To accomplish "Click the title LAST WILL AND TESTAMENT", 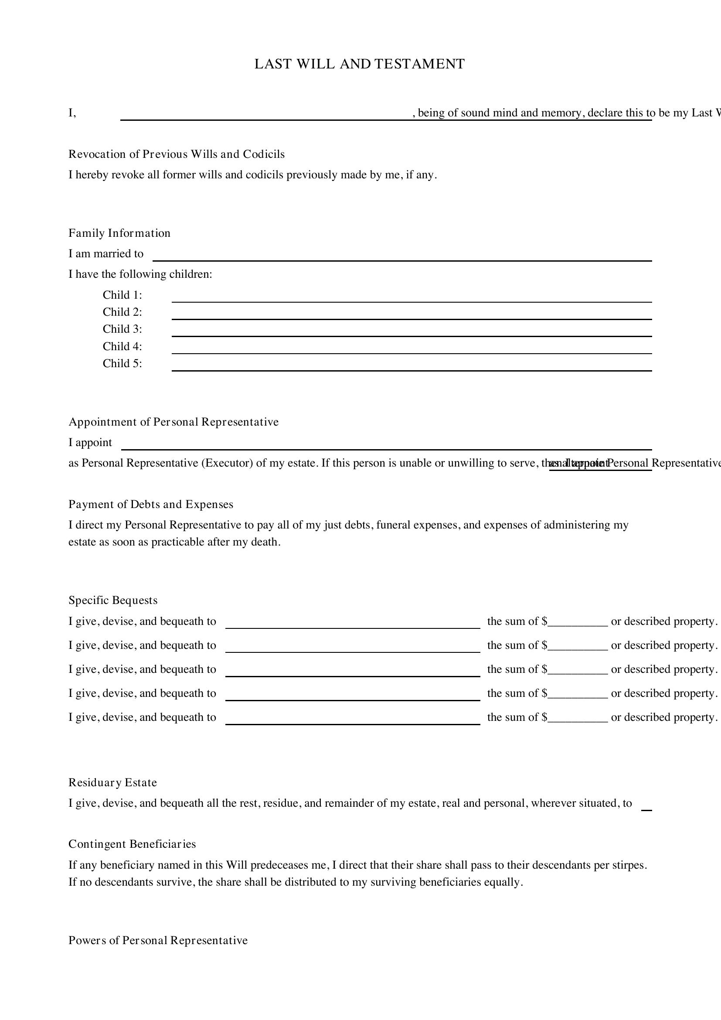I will (359, 64).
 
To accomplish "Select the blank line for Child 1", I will (412, 299).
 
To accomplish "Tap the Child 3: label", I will (122, 329).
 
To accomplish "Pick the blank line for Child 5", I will (412, 367).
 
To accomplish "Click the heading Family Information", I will (119, 233).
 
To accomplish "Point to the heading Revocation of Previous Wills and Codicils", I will (176, 154).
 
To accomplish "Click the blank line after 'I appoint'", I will (386, 446).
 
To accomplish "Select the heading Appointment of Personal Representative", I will (173, 422).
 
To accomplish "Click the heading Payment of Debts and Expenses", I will (150, 505).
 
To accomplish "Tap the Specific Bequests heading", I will (113, 600).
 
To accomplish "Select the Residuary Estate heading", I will (112, 783).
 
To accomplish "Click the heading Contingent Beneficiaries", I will (132, 844).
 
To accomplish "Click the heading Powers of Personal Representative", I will (158, 941).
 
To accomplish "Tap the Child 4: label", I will (122, 347).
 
